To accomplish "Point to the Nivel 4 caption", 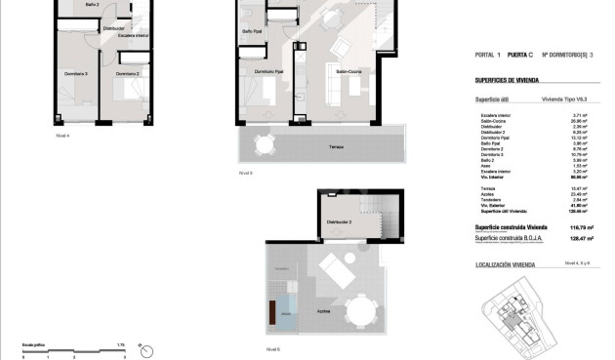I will tap(62, 136).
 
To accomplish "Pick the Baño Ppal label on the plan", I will tap(251, 30).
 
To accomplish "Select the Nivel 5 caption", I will tap(246, 173).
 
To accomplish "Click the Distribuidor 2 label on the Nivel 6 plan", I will tap(339, 222).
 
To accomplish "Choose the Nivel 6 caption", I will tap(272, 348).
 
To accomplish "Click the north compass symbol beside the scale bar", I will tap(145, 347).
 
